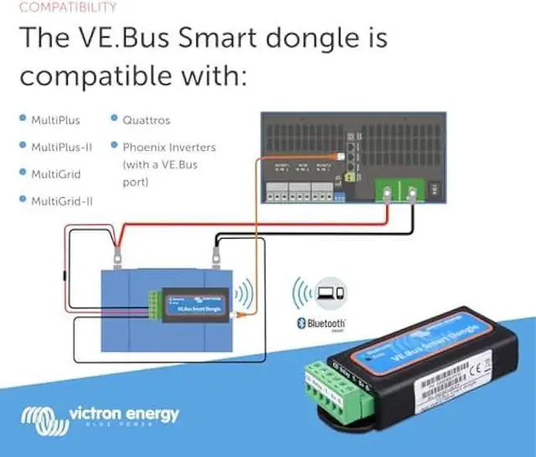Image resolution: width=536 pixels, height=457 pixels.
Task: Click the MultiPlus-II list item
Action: coord(61,147)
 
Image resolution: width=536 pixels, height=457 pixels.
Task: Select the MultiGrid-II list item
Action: coord(61,201)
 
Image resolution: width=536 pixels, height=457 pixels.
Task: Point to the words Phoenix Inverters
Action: coord(168,147)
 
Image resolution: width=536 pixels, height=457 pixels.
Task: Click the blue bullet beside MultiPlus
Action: coord(23,120)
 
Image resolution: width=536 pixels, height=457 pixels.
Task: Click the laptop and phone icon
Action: coord(331,293)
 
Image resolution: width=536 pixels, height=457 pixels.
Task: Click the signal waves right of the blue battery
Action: coord(244,294)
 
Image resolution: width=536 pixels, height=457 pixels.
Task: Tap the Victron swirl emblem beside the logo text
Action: coord(41,417)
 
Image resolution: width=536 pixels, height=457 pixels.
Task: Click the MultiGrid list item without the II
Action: coord(56,174)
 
